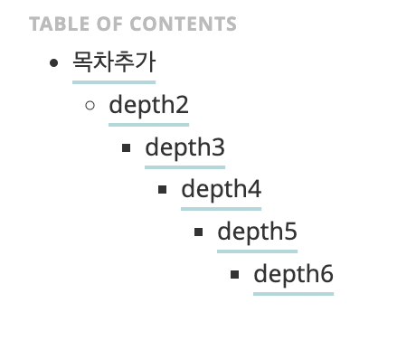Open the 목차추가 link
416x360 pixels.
click(x=114, y=62)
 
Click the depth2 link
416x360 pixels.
click(x=148, y=105)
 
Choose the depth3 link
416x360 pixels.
click(x=184, y=147)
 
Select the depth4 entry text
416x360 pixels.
click(x=221, y=190)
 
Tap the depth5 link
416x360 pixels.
click(x=257, y=232)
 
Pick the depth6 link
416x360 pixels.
click(x=293, y=275)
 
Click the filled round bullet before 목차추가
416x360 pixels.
click(x=54, y=63)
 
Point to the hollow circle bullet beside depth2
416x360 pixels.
click(x=90, y=106)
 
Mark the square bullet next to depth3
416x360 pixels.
click(x=126, y=148)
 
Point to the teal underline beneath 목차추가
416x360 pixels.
click(x=114, y=81)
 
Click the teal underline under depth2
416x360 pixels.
click(x=148, y=124)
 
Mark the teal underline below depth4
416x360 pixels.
click(x=221, y=209)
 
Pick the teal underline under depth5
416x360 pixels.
click(x=257, y=251)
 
